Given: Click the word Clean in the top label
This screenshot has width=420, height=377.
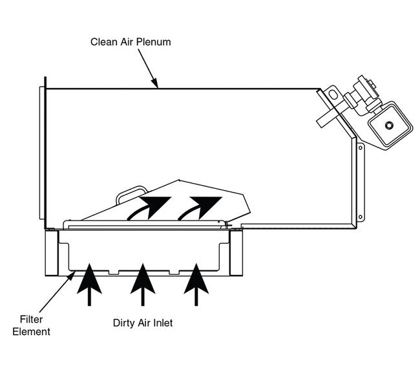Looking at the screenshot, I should coord(102,42).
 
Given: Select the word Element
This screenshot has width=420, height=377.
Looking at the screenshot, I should coord(35,332).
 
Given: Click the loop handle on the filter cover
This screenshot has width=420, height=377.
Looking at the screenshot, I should coord(131,193).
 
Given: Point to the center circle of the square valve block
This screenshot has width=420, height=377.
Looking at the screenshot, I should coord(389,125).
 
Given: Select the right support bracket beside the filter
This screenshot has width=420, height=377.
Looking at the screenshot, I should coord(236,255).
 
